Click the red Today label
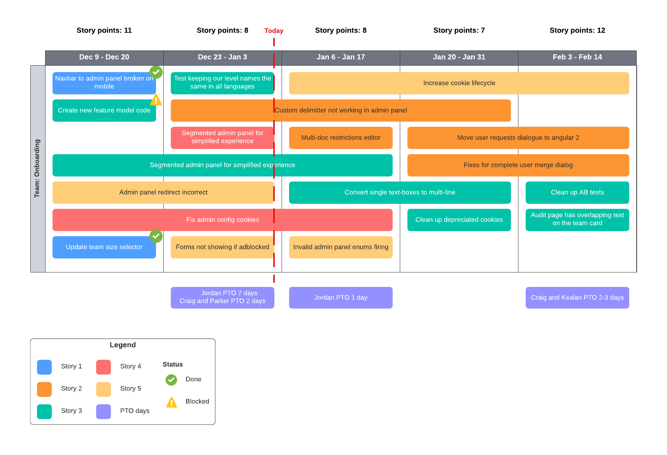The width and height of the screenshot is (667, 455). point(274,31)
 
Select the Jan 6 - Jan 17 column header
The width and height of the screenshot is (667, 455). point(341,57)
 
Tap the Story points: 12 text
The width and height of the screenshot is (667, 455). point(577,30)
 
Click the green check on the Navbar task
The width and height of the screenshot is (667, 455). point(156,72)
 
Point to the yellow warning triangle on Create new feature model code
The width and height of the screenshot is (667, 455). point(156,100)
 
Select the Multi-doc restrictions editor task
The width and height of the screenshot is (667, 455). point(341,138)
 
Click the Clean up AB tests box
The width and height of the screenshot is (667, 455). point(577,192)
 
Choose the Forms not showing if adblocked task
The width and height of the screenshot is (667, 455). point(222,247)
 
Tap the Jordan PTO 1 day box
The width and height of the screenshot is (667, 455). point(341,298)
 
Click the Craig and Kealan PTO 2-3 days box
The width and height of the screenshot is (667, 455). point(577,298)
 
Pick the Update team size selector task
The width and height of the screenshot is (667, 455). point(104,247)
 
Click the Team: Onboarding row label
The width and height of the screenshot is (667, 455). point(38,168)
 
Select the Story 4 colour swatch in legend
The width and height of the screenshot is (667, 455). point(103,367)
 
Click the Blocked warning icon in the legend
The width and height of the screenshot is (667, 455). point(172,402)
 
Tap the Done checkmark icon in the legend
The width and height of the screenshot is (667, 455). point(171,379)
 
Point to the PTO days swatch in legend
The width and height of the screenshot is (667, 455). point(103,411)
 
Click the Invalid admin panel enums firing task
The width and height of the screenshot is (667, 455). point(341,247)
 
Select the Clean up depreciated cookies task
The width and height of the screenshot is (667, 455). point(459,220)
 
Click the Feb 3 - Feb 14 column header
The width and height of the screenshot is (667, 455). point(577,57)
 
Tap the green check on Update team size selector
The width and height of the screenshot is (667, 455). point(156,236)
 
